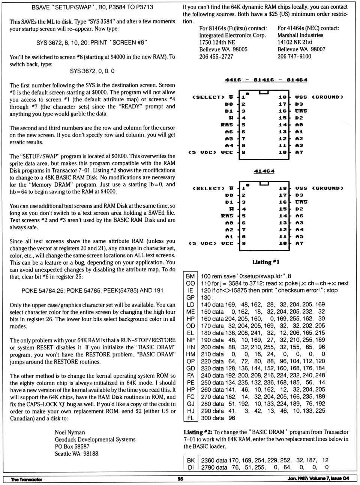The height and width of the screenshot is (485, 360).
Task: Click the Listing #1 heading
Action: click(x=265, y=262)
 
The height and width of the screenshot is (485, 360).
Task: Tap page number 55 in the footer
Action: click(x=180, y=479)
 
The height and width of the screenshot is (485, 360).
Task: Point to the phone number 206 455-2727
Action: click(x=216, y=57)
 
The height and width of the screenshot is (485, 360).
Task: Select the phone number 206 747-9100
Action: click(x=294, y=56)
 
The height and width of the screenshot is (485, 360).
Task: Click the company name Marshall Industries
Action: click(x=300, y=35)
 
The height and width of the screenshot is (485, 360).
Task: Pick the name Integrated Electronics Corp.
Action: click(x=232, y=35)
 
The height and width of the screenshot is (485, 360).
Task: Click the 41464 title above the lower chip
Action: click(x=264, y=171)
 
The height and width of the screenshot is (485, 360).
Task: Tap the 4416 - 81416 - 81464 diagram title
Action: click(x=266, y=80)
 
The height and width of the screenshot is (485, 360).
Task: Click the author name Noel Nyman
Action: click(x=70, y=432)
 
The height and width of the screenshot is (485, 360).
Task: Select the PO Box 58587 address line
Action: click(x=72, y=446)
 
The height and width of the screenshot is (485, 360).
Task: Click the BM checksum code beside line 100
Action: click(x=190, y=276)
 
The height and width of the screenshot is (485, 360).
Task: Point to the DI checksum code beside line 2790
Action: click(x=191, y=467)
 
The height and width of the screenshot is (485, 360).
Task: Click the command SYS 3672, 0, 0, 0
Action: click(x=92, y=71)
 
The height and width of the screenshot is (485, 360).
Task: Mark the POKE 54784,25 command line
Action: click(x=92, y=290)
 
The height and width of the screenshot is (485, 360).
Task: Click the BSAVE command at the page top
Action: click(x=92, y=7)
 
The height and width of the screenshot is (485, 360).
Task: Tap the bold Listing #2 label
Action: click(x=198, y=432)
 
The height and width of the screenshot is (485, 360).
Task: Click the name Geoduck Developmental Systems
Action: click(x=95, y=439)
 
